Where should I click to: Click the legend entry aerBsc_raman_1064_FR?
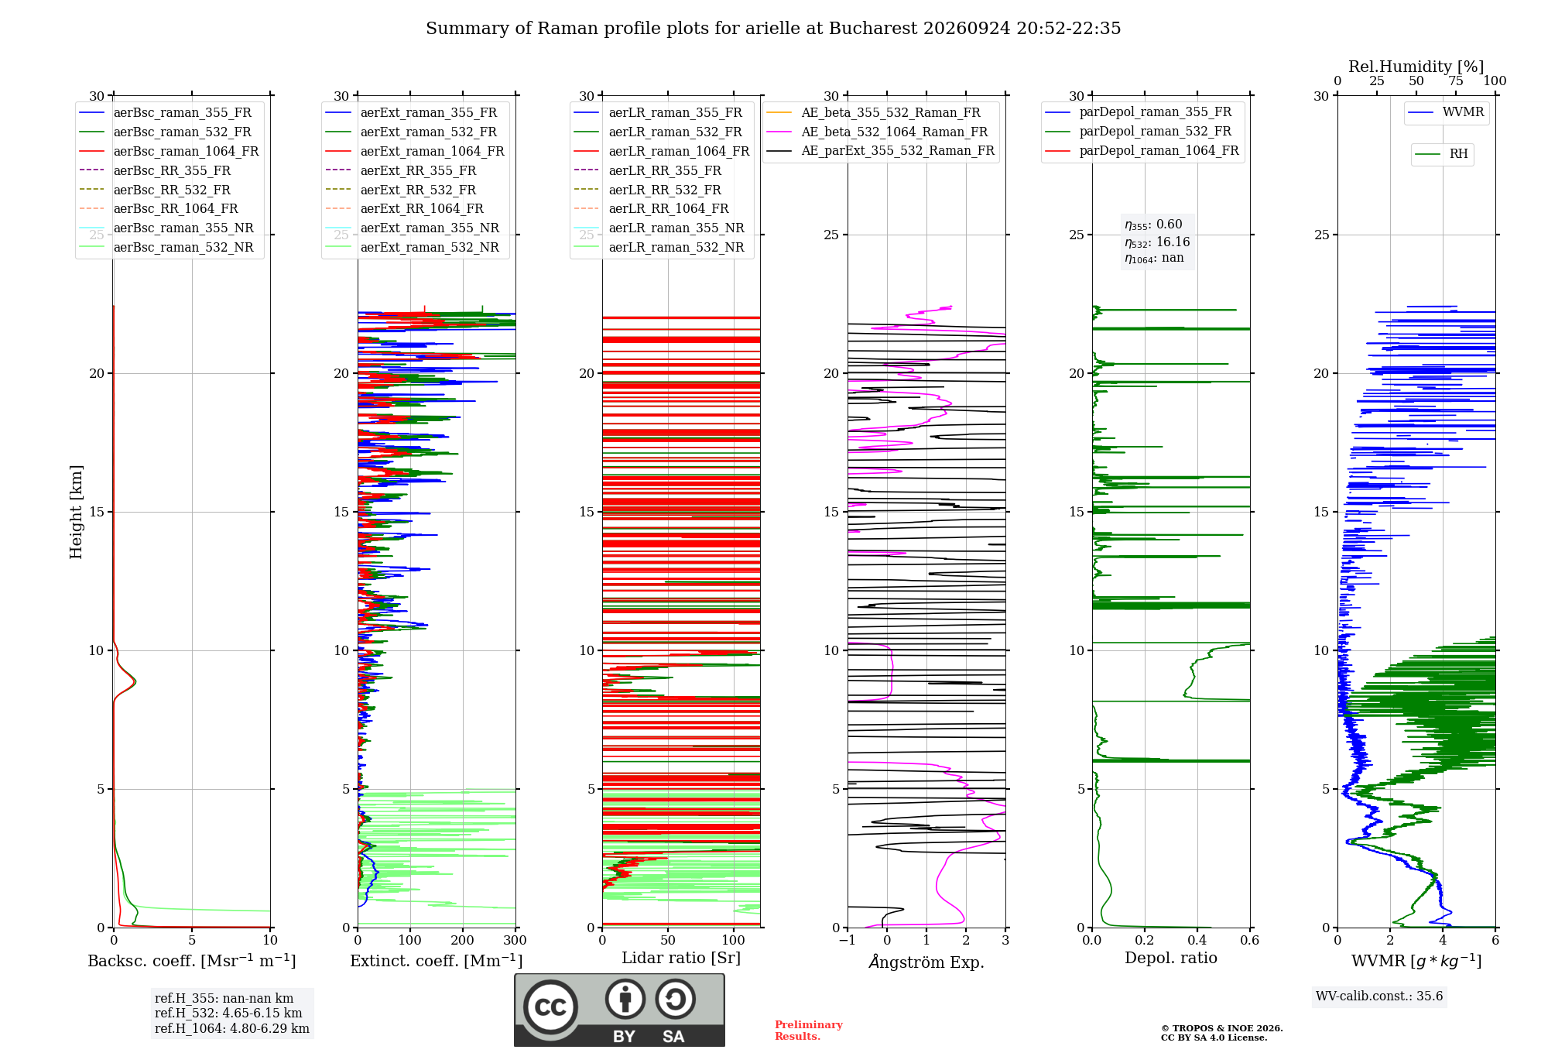(170, 152)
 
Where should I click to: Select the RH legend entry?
(1442, 154)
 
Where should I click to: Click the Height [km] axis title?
(76, 512)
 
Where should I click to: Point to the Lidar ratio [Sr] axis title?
(681, 959)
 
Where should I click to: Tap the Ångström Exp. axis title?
(926, 962)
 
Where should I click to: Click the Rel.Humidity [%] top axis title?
(1416, 67)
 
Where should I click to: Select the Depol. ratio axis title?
(1171, 959)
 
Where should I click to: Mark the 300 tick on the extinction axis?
(515, 941)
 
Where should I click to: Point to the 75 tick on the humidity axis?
(1456, 81)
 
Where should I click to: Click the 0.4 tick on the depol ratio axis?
(1197, 941)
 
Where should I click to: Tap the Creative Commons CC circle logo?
(550, 1007)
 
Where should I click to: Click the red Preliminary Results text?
(809, 1031)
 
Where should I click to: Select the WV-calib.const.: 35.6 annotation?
(1379, 996)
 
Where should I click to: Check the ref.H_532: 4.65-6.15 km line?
(228, 1014)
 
